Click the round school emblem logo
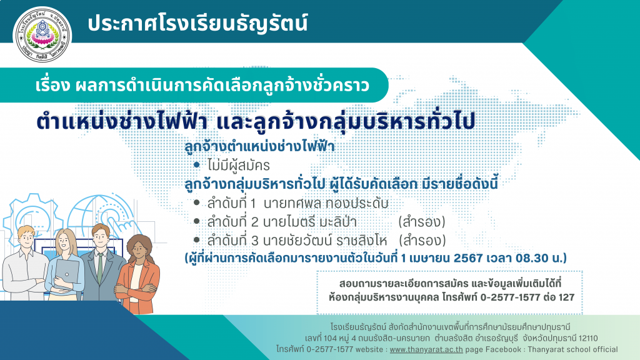[x=42, y=35]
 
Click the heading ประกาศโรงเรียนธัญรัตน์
[x=197, y=23]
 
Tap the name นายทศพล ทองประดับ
[x=326, y=203]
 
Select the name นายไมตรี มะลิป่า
[x=310, y=222]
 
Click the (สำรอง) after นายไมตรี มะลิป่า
[x=422, y=222]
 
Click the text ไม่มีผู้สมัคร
[x=238, y=165]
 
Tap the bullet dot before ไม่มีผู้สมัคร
[x=197, y=165]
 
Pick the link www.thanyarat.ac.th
[x=426, y=349]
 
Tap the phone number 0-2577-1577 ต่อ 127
[x=527, y=297]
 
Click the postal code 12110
[x=588, y=338]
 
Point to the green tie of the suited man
[x=100, y=268]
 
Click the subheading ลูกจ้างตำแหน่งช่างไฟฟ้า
[x=259, y=146]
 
